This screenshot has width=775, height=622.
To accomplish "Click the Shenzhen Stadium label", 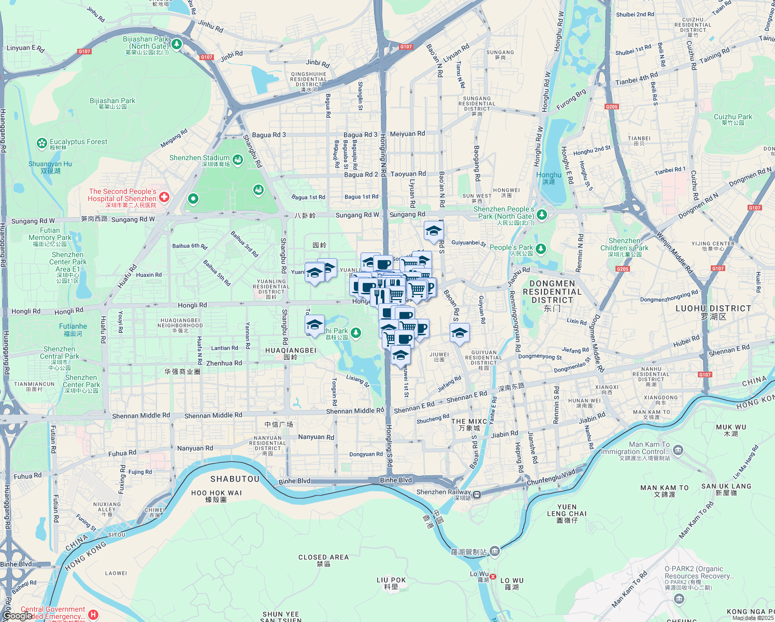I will point(199,158).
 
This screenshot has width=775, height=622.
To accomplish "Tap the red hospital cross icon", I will point(164,196).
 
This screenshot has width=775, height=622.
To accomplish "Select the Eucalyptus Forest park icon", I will point(42,143).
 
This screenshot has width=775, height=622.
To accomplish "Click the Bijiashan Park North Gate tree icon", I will point(177,44).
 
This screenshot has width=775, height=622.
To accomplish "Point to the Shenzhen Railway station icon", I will point(476,494).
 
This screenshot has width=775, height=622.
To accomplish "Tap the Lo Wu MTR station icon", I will point(493,576).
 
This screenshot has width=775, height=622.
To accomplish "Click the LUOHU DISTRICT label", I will point(713,308).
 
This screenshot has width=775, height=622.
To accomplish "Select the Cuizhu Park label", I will point(733,117).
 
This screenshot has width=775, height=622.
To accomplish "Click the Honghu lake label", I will point(549,175).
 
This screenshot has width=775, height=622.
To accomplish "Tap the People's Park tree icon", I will point(541,249).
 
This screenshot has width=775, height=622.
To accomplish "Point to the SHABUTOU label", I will point(235,479).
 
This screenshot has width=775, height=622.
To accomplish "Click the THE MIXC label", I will point(469,421).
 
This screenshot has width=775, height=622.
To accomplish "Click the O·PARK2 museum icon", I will point(679,599).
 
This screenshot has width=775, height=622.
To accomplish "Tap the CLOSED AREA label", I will point(323,557).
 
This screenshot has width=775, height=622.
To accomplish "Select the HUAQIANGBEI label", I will point(291,350).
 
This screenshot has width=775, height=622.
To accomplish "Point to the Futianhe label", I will point(73,327).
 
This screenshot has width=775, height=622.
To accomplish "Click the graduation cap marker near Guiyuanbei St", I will point(434,231).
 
